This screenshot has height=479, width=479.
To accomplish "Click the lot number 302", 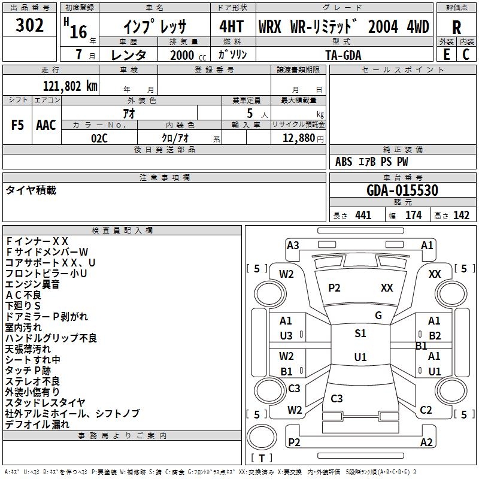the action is pos(29,25).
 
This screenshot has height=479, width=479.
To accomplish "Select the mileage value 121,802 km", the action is pos(70,86).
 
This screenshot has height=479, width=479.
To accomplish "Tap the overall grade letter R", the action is pos(456,27).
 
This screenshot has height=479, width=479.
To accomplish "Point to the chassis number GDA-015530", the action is pos(402,190).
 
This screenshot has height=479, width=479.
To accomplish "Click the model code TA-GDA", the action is pos(343,55).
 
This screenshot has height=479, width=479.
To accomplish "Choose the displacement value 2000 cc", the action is pos(188,55).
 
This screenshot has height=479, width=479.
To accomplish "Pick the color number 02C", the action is pos(99,138).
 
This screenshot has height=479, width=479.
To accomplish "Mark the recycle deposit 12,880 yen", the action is pos(303,138).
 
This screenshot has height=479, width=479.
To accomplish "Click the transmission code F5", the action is pos(17,125).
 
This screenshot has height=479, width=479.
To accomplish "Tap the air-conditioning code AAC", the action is pos(46,125).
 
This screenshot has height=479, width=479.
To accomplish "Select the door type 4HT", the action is pos(232,26).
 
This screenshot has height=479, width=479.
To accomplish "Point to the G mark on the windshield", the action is pos(378,316).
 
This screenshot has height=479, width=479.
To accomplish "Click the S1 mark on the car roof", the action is pos(360,334).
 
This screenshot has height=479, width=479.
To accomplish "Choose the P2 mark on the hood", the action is pos(334,288).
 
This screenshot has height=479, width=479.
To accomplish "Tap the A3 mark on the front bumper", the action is pos(293,245).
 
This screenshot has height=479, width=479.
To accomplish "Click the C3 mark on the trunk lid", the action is pos(336,398).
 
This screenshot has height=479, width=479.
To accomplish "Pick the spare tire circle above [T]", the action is pos(262,437).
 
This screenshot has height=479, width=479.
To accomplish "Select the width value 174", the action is pos(413,215).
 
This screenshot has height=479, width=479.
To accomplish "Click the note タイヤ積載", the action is pos(31,190).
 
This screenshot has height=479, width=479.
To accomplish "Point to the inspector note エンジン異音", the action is pos(32,284).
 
